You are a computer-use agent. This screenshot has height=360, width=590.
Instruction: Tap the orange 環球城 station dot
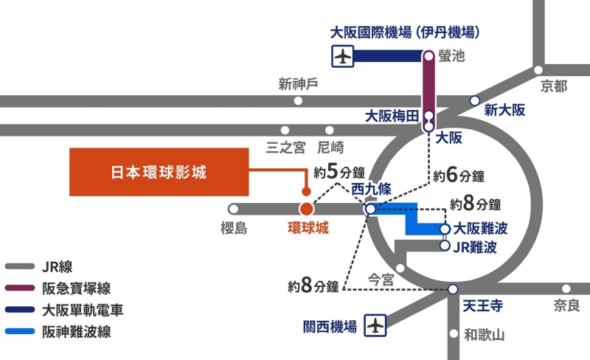[x=307, y=210]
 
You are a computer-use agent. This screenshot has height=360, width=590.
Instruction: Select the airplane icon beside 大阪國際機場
[x=342, y=55]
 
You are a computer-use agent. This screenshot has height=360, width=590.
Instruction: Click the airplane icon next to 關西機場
[x=376, y=325]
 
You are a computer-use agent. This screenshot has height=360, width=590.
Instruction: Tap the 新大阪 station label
[x=504, y=111]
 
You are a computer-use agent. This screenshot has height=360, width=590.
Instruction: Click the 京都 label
[x=553, y=86]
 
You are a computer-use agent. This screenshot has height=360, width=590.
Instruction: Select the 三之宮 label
[x=285, y=148]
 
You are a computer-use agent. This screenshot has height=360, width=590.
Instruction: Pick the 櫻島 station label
[x=234, y=229]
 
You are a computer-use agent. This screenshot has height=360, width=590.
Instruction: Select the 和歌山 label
[x=484, y=335]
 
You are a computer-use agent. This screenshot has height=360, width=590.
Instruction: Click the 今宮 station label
[x=381, y=279]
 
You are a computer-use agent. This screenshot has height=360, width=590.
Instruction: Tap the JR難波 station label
[x=480, y=247]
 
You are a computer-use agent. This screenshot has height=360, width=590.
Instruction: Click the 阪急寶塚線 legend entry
[x=77, y=289]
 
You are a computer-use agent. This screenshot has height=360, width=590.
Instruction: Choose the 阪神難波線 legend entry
[x=77, y=331]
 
